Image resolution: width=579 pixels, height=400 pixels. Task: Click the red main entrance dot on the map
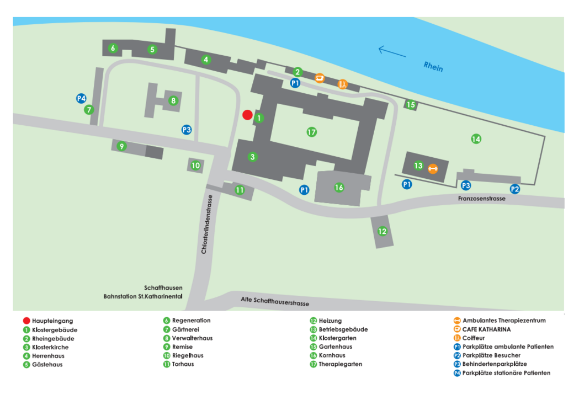247,115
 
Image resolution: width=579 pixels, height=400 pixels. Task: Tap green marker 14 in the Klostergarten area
476,139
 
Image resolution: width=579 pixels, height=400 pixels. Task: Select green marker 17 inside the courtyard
312,132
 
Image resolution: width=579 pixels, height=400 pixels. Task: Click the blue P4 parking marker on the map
81,98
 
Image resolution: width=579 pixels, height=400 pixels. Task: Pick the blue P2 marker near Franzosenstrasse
514,189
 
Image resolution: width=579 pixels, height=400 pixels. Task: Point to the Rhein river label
433,66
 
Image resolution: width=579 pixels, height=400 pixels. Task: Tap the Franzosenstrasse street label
481,199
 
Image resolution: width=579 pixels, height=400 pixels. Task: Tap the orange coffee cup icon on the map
319,78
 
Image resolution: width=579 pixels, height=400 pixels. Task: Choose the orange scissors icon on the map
343,84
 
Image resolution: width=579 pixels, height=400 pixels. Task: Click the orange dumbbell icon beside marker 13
433,168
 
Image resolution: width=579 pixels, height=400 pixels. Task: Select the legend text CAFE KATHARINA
486,329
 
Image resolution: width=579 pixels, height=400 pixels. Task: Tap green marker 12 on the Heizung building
382,231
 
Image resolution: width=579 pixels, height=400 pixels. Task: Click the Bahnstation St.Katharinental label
143,296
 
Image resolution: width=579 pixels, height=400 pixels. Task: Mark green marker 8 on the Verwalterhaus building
173,100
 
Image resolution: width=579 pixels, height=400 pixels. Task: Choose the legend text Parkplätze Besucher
491,355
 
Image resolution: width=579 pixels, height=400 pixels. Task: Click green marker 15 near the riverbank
410,104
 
